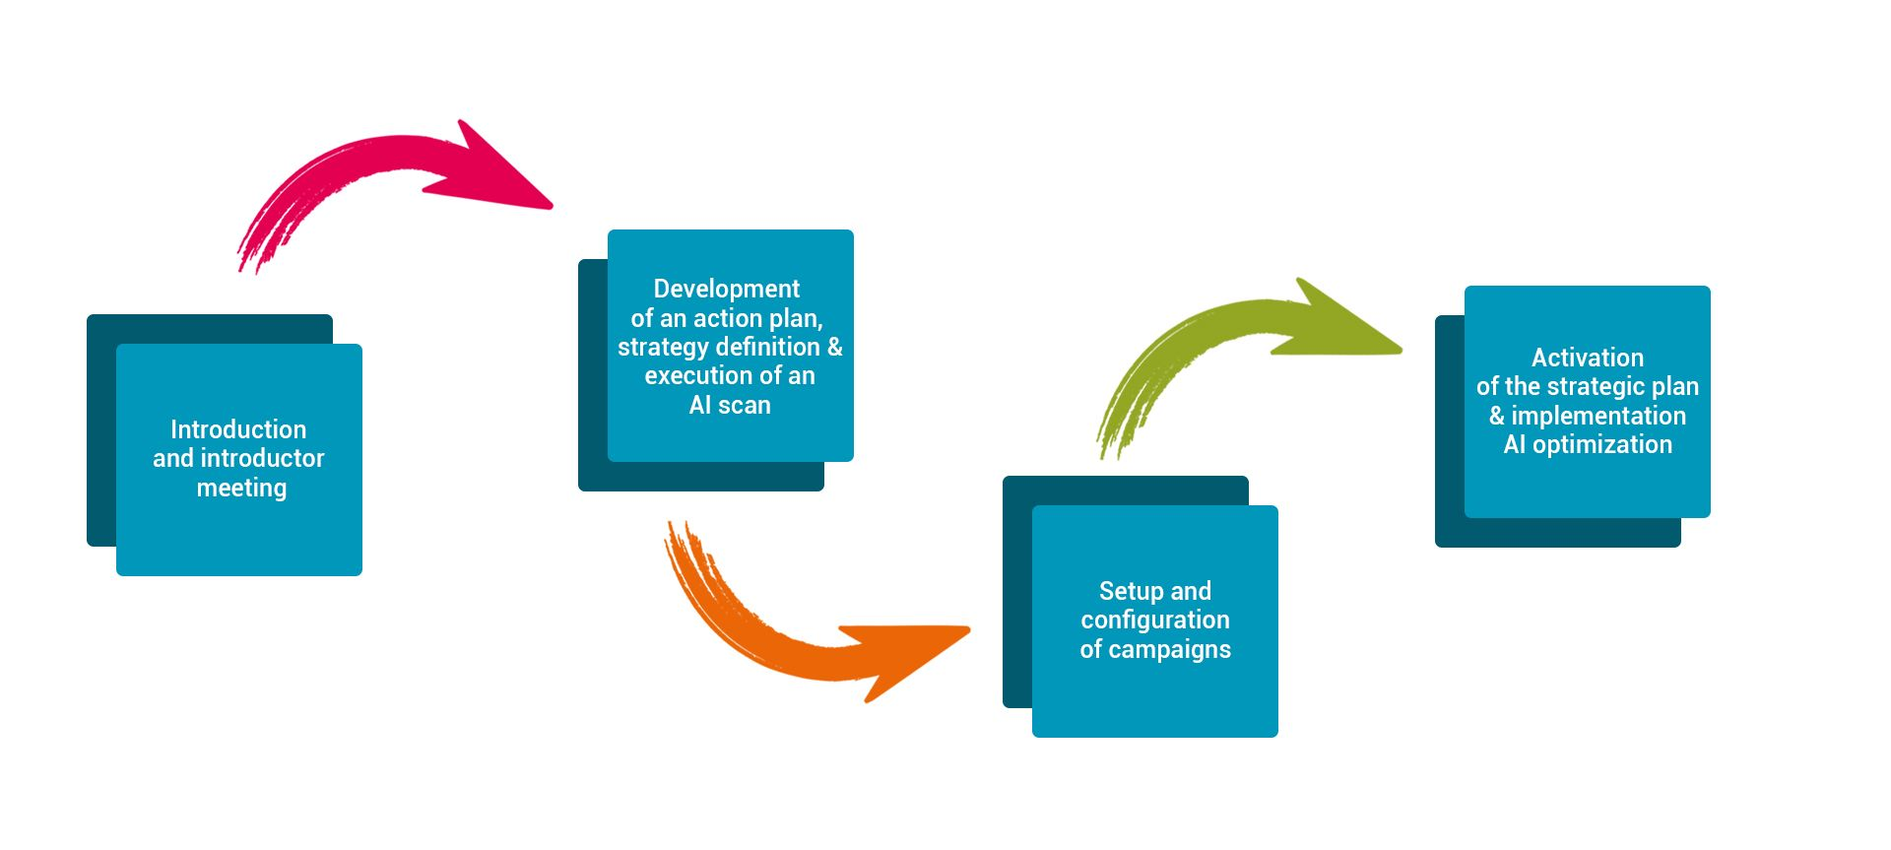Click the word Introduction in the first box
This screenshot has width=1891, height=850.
click(238, 429)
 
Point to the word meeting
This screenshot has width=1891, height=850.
click(241, 488)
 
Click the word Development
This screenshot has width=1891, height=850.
click(727, 289)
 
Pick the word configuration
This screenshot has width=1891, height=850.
click(1155, 620)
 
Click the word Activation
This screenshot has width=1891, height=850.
click(1588, 358)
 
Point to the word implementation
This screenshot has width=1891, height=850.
click(1598, 416)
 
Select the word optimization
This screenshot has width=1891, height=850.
click(1602, 444)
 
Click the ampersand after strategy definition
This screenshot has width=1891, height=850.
click(834, 347)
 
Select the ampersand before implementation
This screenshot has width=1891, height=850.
click(1497, 416)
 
